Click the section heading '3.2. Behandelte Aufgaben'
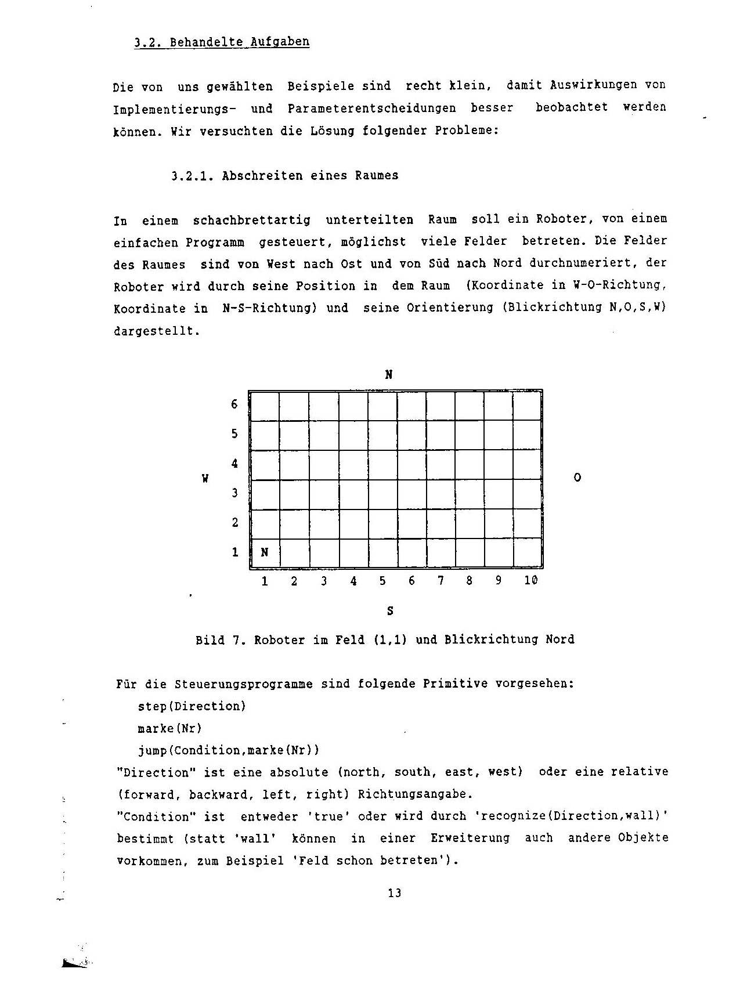[221, 42]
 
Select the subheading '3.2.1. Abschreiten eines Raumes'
[285, 176]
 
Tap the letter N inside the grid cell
[265, 552]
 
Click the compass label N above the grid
[389, 375]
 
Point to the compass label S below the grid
[390, 610]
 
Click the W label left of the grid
[205, 479]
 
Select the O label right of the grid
[577, 478]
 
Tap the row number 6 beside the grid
[234, 404]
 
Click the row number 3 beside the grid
[234, 493]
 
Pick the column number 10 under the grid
[530, 580]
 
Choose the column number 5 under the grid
[382, 580]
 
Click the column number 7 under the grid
[441, 580]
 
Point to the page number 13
[395, 893]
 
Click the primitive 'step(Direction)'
[192, 706]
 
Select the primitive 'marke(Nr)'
[169, 728]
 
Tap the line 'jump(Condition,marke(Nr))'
[229, 750]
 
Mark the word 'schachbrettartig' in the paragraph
[251, 220]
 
